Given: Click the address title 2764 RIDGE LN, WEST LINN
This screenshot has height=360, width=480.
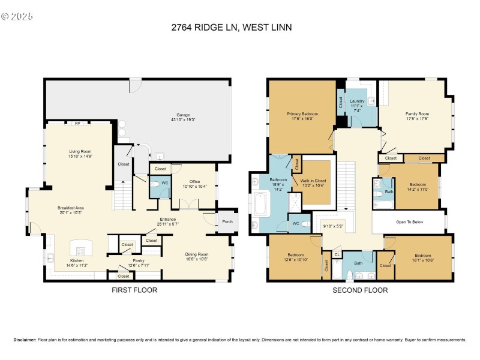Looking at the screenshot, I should [240, 27].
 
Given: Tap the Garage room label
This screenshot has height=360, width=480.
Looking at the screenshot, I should [182, 115].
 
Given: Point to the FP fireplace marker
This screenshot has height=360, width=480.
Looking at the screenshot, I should [77, 123].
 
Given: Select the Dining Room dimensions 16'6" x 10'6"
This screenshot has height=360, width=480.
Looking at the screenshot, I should [197, 259].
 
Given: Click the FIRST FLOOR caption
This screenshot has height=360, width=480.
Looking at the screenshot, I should [134, 290].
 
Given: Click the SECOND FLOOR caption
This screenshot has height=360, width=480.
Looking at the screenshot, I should [360, 290].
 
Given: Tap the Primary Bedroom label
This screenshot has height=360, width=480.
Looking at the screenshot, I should [302, 113].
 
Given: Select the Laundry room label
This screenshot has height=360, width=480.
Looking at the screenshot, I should [357, 101].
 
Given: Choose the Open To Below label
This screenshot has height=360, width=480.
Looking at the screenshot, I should [409, 221].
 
